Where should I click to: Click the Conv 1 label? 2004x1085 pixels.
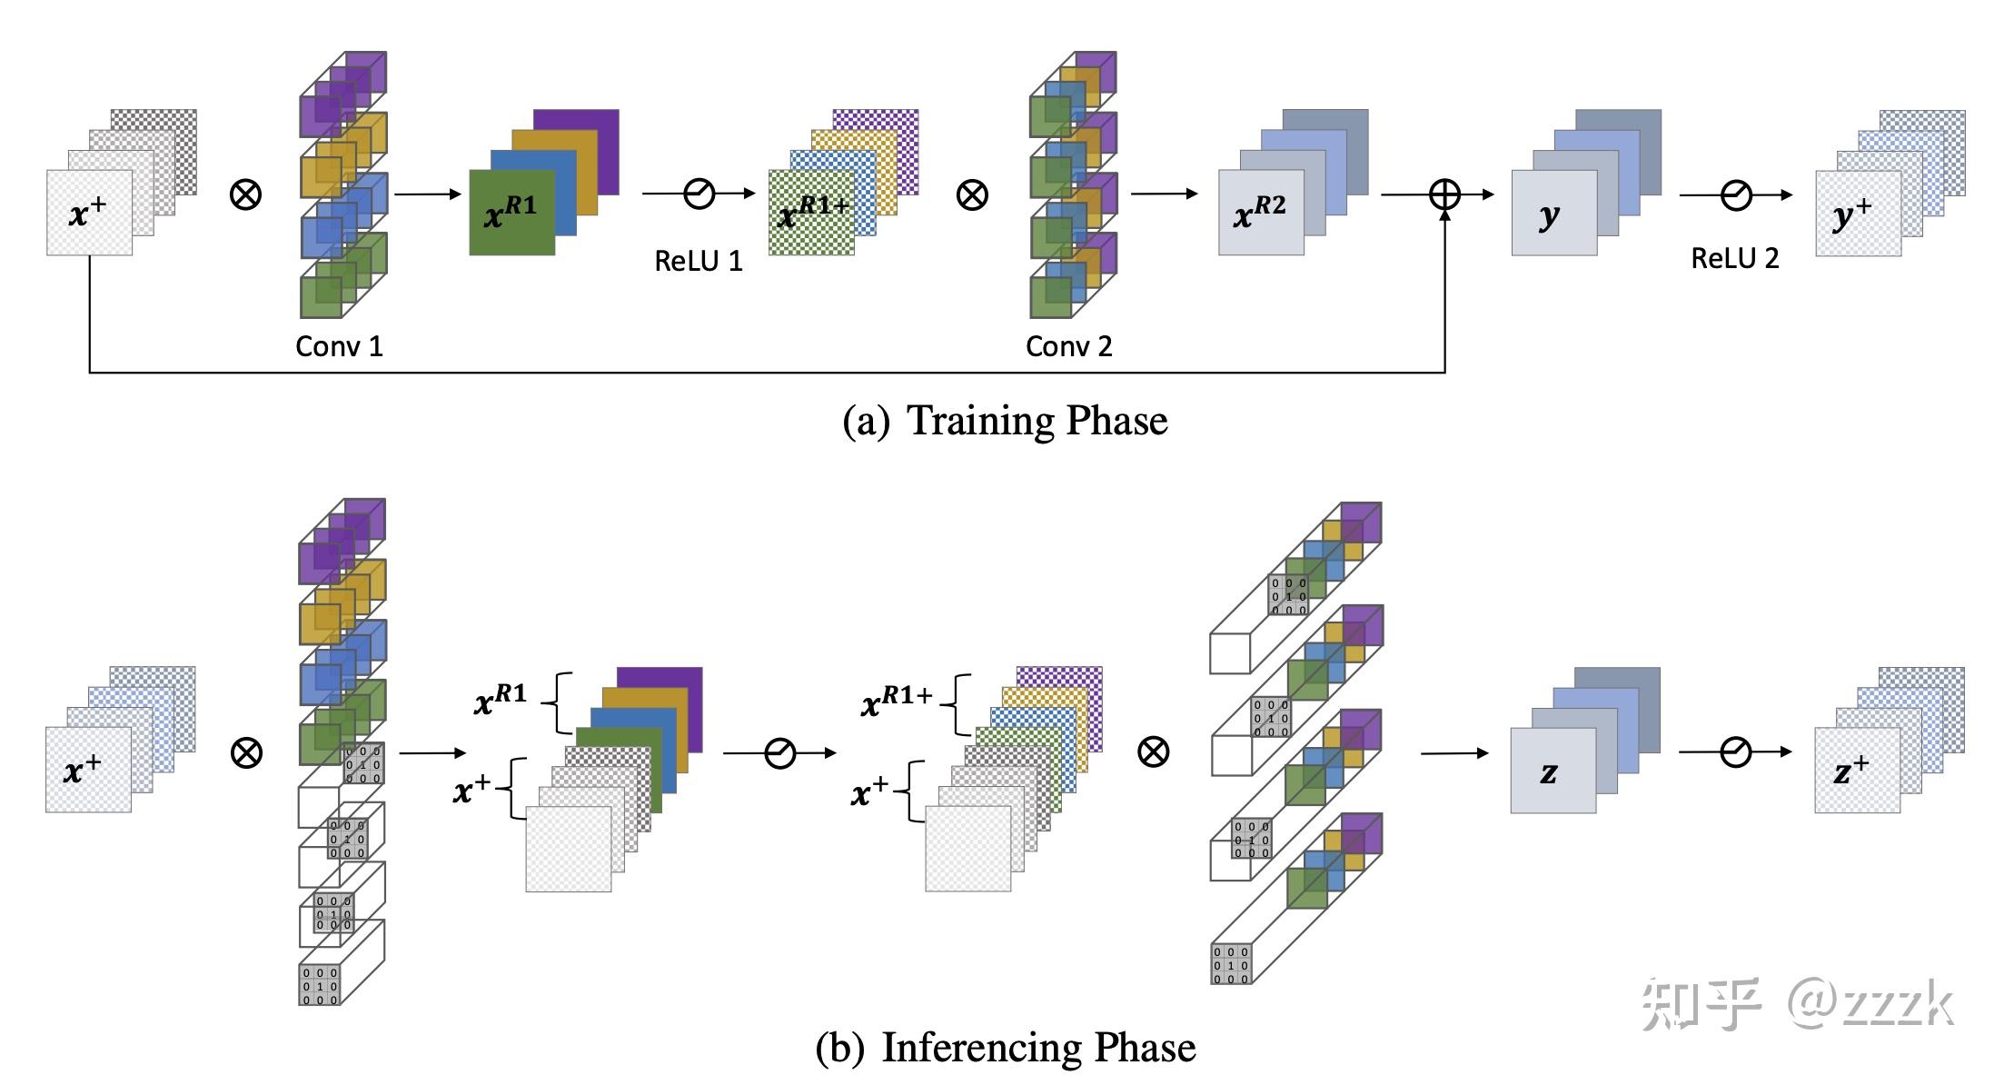339,346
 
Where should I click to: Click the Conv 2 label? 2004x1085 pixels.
1068,346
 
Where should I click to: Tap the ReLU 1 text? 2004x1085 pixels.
699,262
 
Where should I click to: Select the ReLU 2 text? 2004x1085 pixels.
1734,259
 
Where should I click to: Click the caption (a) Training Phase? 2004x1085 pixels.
1005,421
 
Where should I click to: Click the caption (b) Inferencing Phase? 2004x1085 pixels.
1005,1048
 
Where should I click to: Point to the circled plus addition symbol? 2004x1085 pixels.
1444,194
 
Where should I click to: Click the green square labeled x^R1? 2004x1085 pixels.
511,213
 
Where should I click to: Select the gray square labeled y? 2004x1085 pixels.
1553,213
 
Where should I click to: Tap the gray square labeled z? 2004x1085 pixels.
1553,771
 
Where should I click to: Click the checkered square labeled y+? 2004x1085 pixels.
1858,213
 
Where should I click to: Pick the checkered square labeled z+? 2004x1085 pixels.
1857,771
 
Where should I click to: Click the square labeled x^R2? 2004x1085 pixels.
1261,213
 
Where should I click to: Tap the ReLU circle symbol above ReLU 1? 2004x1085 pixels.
699,194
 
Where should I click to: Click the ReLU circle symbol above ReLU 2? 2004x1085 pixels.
1736,194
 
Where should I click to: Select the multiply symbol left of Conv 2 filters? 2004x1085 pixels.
972,194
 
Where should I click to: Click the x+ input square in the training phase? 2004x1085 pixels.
89,213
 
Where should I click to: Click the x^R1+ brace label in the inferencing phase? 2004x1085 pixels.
898,699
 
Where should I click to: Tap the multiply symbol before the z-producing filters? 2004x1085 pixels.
1153,752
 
